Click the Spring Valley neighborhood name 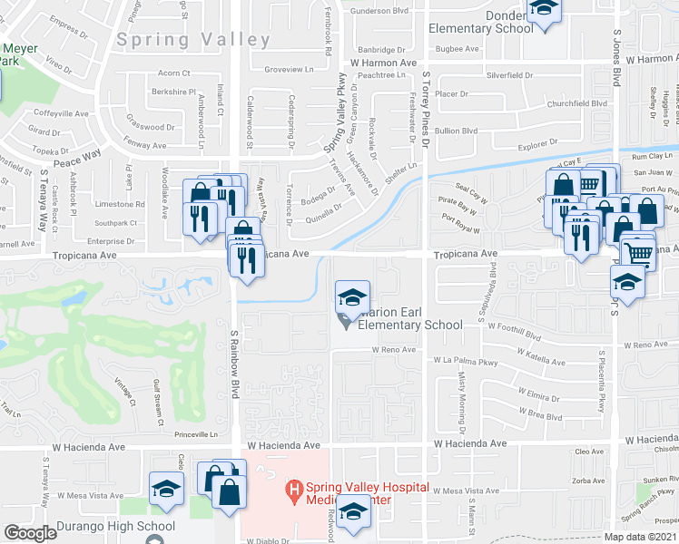tap(193, 40)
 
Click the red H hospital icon tap(293, 491)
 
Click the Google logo tap(30, 533)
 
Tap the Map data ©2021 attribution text tap(639, 537)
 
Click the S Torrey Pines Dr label tap(425, 100)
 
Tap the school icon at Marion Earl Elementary tap(352, 296)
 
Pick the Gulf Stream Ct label tap(161, 403)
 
